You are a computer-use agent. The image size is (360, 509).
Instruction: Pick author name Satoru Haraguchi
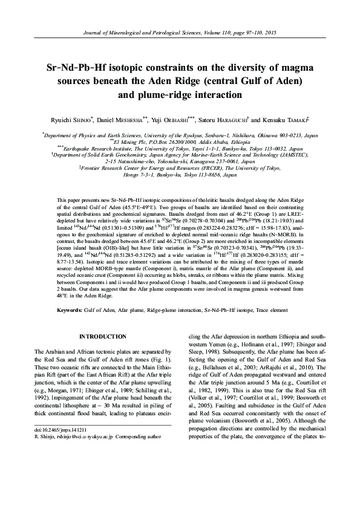[229, 121]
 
